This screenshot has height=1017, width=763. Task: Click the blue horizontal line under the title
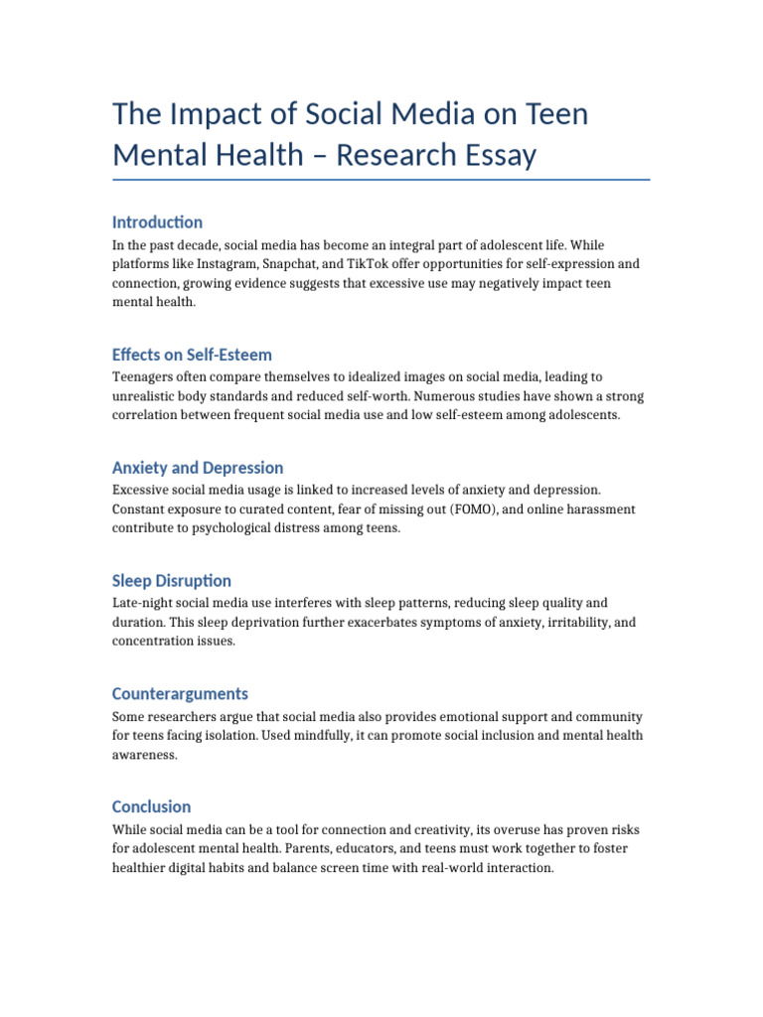pyautogui.click(x=381, y=180)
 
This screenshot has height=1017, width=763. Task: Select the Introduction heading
pyautogui.click(x=157, y=222)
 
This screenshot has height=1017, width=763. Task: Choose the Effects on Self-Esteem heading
pyautogui.click(x=192, y=355)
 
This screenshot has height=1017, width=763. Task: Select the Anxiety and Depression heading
pyautogui.click(x=198, y=468)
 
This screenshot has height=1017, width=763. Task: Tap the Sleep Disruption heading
pyautogui.click(x=172, y=581)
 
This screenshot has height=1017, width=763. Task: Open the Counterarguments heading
pyautogui.click(x=180, y=694)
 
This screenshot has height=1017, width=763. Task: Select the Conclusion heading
pyautogui.click(x=152, y=806)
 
